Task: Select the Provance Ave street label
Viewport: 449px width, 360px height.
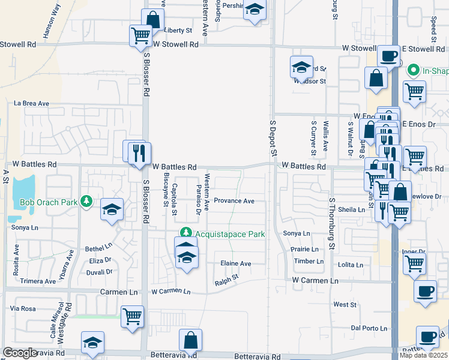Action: pos(235,201)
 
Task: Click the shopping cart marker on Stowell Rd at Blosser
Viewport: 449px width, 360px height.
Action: pos(140,35)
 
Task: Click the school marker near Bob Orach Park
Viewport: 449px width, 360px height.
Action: pos(112,209)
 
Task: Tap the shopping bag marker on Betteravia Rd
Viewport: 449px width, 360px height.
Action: pos(190,340)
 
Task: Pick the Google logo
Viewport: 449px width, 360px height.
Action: pos(20,353)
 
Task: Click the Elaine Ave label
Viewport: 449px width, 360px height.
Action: pos(235,263)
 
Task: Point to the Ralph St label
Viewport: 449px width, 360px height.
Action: pos(227,278)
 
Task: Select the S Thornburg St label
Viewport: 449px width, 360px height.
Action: pos(331,224)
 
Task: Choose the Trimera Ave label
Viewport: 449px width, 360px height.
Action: pos(38,281)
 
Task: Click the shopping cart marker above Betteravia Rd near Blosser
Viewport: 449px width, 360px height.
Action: pos(132,316)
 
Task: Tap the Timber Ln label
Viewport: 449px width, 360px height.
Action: pos(309,262)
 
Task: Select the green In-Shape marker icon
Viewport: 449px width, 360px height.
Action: pos(412,70)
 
